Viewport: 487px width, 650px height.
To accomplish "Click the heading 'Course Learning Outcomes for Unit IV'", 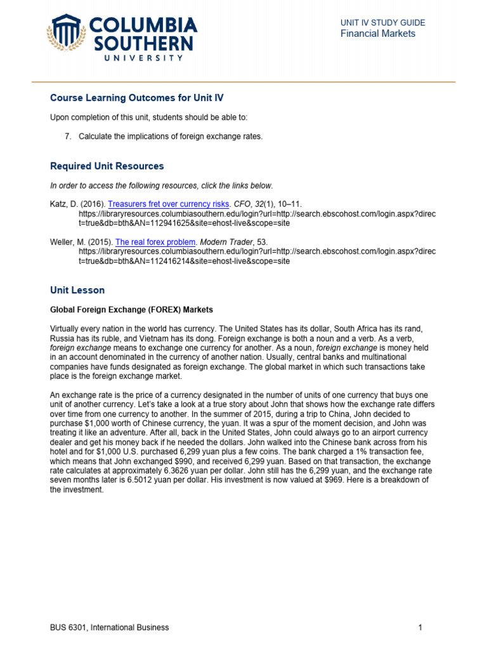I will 137,98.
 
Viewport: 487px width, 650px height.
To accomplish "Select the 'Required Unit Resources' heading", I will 107,166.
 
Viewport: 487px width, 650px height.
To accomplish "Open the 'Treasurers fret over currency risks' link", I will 167,204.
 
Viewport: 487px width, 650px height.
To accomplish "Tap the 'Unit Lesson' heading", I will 77,290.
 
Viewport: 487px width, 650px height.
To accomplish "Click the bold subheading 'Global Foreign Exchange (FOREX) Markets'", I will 131,310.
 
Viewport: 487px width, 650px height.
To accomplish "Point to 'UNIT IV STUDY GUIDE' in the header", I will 382,23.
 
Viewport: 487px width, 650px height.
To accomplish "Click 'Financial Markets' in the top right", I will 378,34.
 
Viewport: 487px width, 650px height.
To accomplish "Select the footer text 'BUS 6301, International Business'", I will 110,628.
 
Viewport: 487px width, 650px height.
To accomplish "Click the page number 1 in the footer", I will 420,628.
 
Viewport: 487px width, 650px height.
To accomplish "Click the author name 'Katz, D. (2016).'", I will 77,204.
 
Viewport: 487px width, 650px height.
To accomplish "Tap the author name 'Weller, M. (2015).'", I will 81,242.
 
